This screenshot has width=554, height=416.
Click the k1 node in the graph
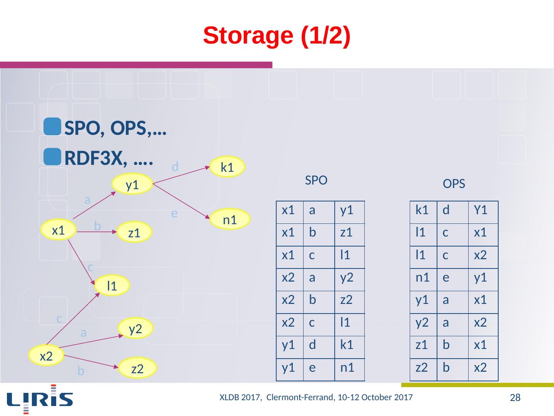click(x=228, y=167)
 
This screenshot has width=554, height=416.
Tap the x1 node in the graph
click(x=58, y=230)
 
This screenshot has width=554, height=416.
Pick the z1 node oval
click(x=134, y=232)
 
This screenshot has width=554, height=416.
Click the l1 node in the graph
click(x=112, y=285)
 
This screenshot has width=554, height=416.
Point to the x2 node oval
click(x=46, y=356)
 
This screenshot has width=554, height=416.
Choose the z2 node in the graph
click(x=137, y=369)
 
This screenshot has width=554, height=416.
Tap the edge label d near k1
click(x=175, y=167)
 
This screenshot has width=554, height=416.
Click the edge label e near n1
click(x=174, y=213)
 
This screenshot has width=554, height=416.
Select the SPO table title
click(x=316, y=180)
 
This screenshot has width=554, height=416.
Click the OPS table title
click(x=454, y=184)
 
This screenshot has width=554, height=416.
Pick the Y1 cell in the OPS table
click(x=481, y=210)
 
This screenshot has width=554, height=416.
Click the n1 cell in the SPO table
click(x=347, y=368)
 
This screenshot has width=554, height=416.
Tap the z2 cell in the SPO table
click(x=347, y=300)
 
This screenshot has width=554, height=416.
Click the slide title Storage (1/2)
click(x=277, y=36)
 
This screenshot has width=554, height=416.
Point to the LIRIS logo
click(x=40, y=399)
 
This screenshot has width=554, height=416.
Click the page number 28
click(x=515, y=398)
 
